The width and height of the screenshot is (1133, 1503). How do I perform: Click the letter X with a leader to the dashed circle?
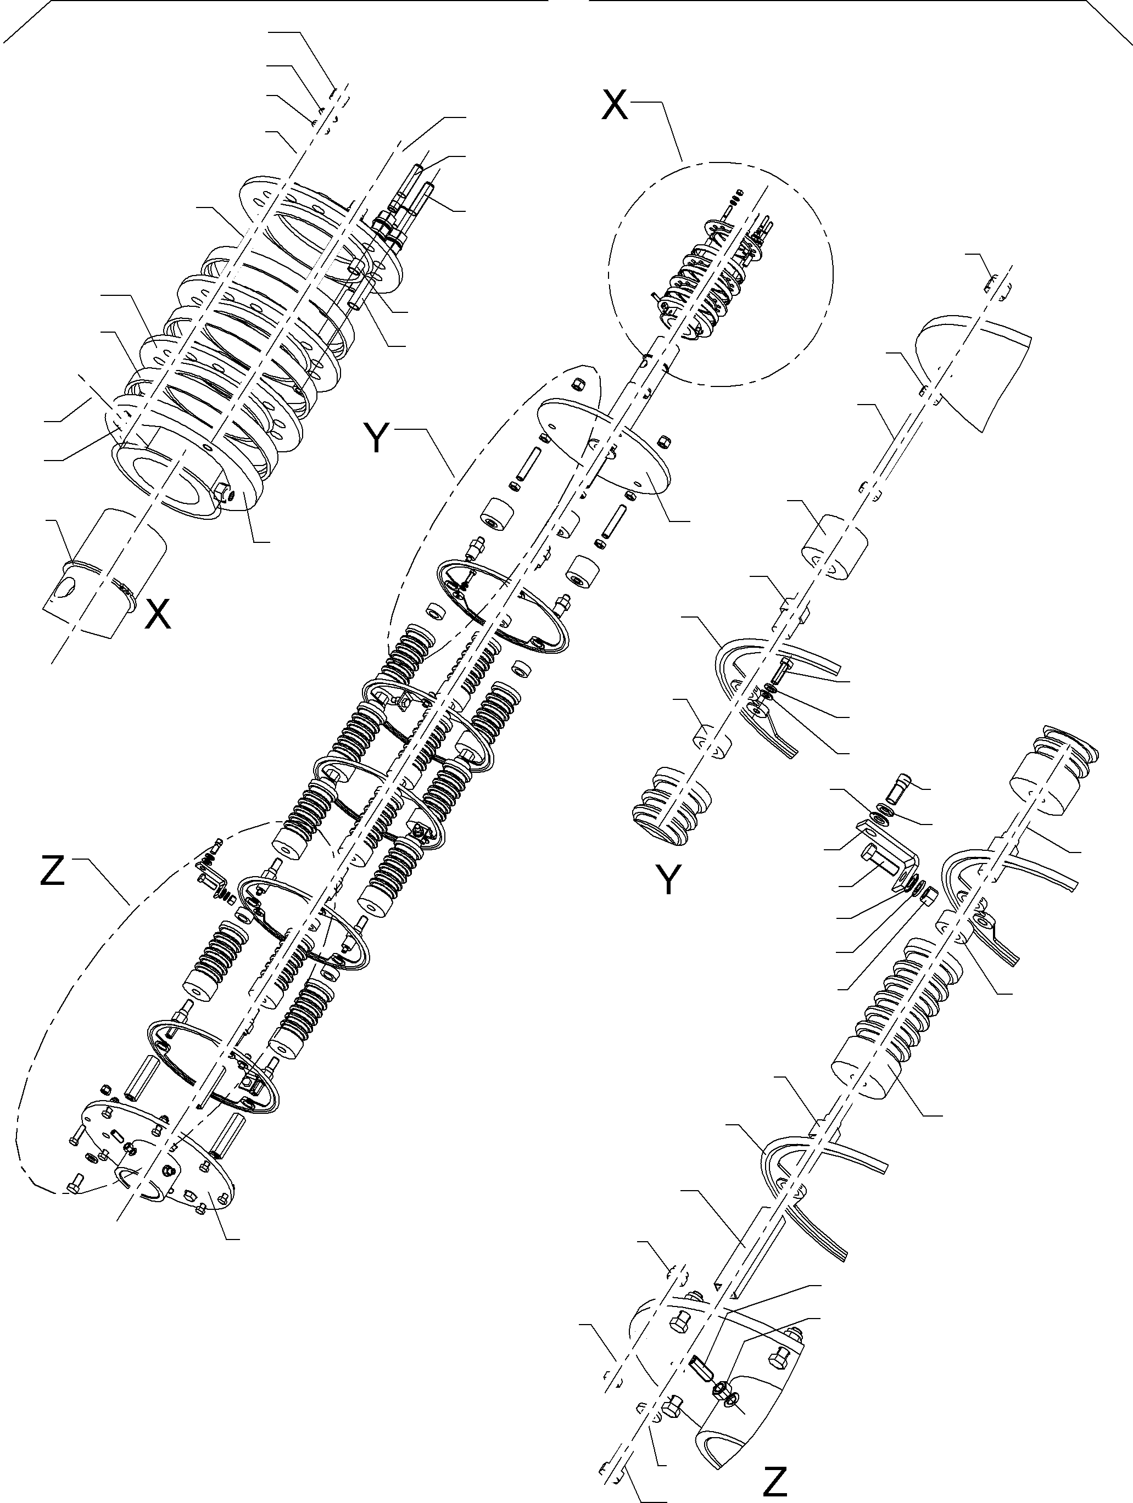(615, 105)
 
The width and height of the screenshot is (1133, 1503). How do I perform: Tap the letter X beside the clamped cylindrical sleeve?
(158, 615)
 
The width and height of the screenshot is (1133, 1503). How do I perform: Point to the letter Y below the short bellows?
(669, 880)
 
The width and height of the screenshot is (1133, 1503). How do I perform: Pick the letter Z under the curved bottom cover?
(775, 1481)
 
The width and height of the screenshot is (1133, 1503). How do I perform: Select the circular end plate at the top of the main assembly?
(601, 445)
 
